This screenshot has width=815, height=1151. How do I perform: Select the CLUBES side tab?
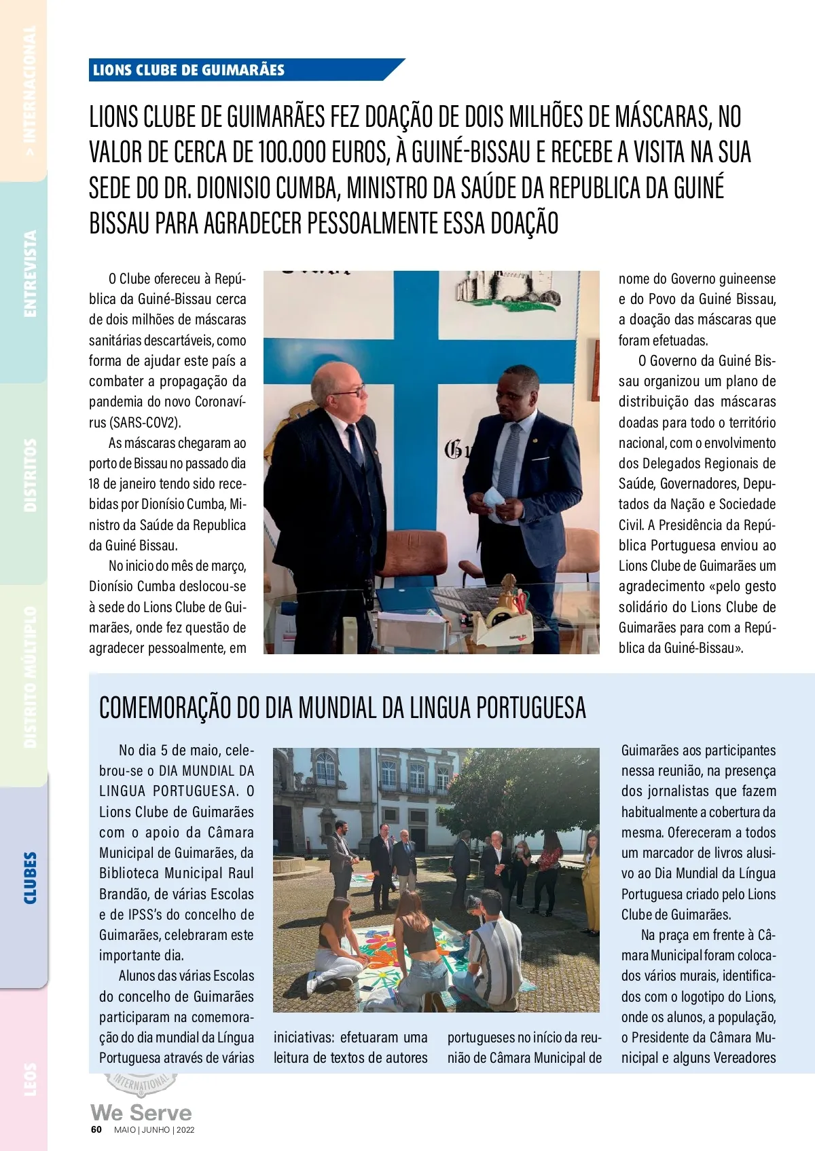click(x=30, y=878)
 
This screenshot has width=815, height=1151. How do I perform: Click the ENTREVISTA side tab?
click(x=30, y=273)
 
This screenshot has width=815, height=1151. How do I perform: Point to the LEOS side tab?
click(x=30, y=1079)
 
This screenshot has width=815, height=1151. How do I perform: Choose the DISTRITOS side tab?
click(x=30, y=475)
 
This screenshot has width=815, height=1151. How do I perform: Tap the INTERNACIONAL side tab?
click(x=30, y=92)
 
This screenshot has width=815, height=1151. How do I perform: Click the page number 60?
click(x=96, y=1129)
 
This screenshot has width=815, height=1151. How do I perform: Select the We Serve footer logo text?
click(x=141, y=1112)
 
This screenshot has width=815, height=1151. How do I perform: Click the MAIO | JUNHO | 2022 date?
click(x=154, y=1130)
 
